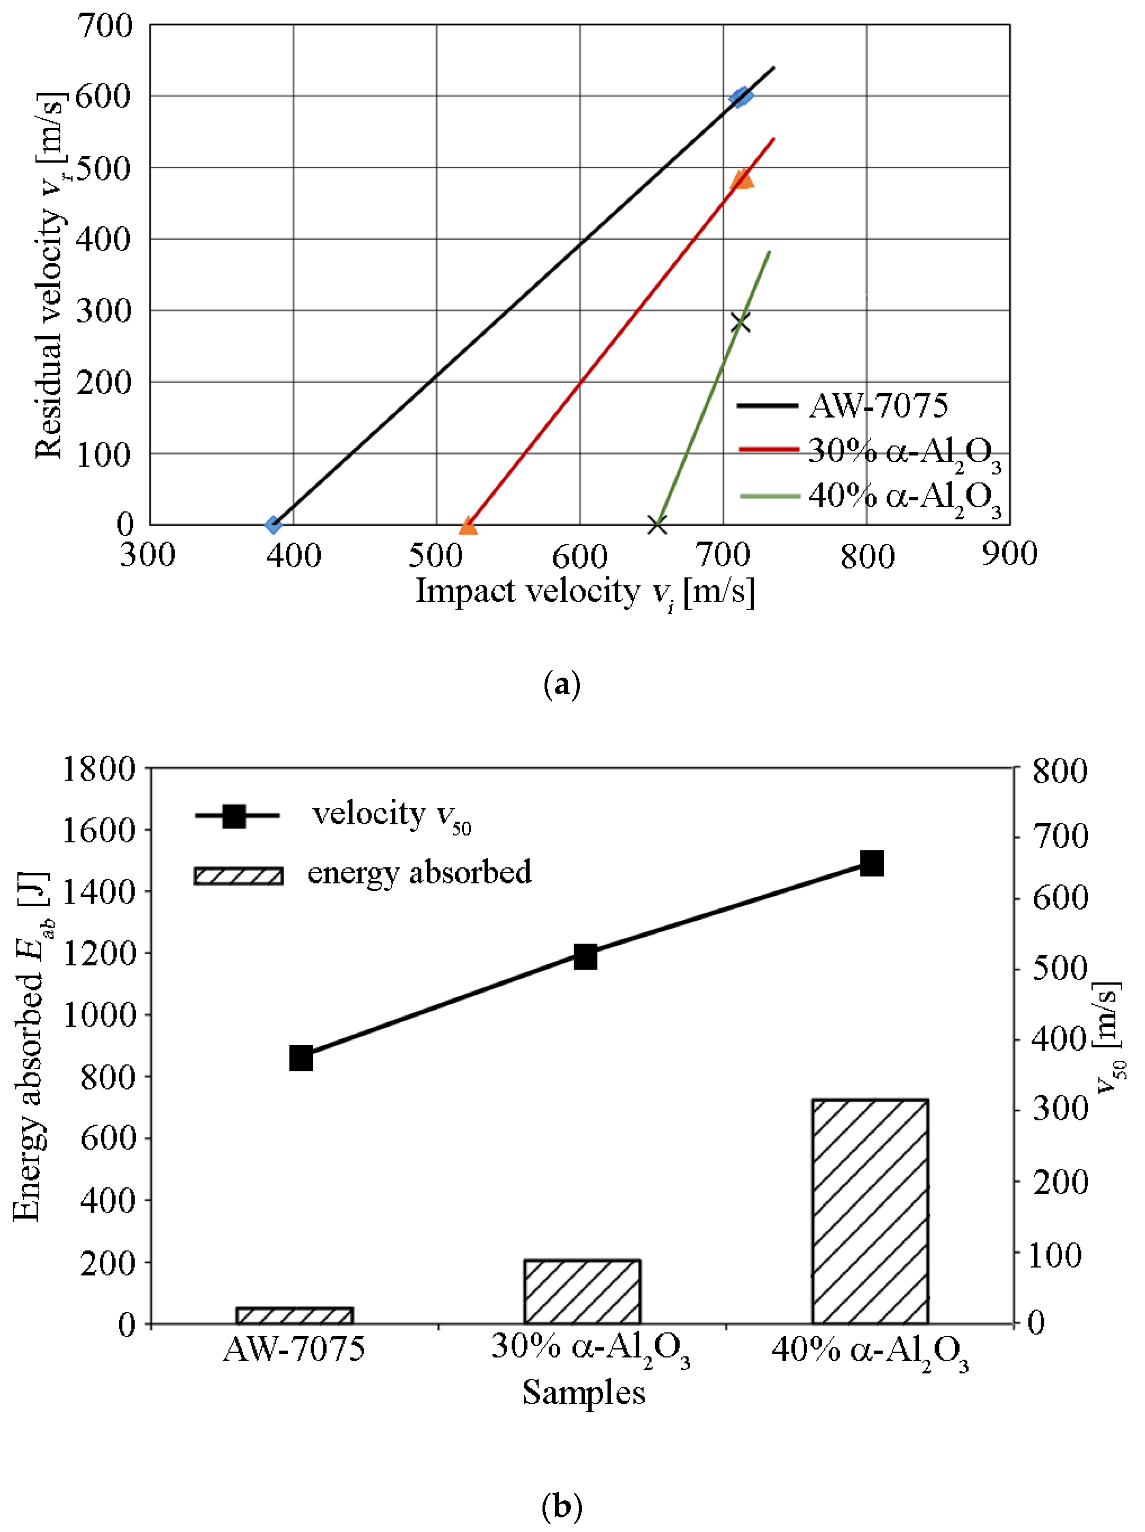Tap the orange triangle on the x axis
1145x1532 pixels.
468,526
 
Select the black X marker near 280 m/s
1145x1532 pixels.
740,322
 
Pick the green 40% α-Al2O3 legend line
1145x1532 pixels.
769,496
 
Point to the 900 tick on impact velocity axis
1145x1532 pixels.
1009,554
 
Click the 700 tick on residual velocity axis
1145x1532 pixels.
104,26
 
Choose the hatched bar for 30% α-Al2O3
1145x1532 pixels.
583,1291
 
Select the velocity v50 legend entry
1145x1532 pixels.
332,815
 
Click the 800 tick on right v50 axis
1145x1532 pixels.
1059,771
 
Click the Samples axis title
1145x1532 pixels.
583,1392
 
